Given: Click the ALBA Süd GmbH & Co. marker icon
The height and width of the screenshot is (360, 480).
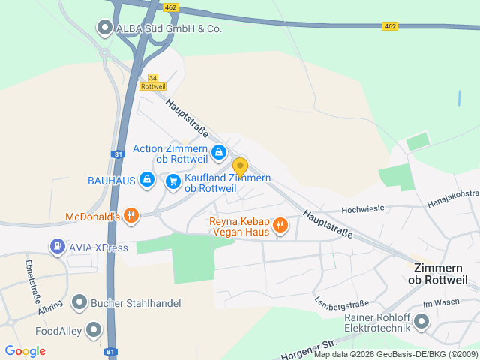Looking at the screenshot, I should coord(104,28).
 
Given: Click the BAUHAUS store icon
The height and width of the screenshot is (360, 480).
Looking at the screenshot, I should coord(148,180).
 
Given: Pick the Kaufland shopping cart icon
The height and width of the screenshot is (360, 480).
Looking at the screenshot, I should coord(173,181).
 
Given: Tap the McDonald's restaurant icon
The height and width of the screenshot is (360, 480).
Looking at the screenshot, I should coord(131,217).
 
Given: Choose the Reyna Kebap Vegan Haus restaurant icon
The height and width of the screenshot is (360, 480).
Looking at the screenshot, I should coord(280,225).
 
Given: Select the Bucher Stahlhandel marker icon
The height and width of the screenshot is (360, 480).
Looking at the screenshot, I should coord(79,302).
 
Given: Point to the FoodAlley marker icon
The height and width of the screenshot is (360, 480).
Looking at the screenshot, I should coord(94,329).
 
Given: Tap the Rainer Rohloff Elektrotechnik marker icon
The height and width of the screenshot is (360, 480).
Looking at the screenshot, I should coord(421,322).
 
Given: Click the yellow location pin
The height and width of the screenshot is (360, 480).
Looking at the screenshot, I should coord(240,166).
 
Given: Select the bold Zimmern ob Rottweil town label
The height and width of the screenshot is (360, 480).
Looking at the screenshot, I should coord(437,273).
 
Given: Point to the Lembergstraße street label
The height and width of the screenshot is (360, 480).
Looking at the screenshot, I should coord(343,304).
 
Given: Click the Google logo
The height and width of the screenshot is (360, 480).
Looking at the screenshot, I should coord(25,351).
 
